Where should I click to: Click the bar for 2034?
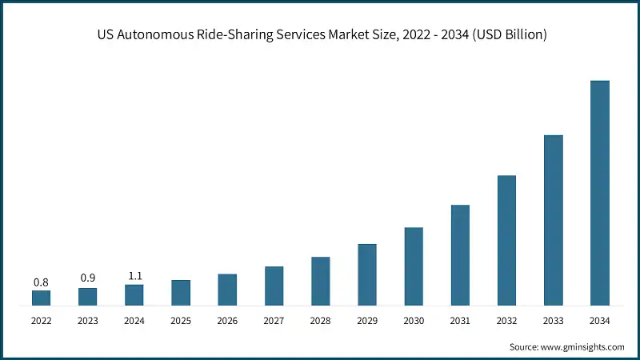[599, 193]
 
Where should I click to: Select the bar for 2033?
[553, 220]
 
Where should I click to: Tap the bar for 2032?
[506, 240]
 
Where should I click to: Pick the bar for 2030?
[414, 266]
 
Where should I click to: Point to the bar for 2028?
[320, 281]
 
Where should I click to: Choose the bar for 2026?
[227, 290]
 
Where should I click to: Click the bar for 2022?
[41, 298]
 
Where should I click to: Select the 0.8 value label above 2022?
[41, 282]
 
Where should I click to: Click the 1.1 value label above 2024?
[134, 276]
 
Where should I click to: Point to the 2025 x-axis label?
[181, 322]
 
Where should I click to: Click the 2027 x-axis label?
[274, 322]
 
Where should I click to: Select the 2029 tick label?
[366, 322]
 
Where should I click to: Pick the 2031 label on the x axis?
[460, 322]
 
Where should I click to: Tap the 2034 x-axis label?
[599, 322]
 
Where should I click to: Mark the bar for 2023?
[87, 297]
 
